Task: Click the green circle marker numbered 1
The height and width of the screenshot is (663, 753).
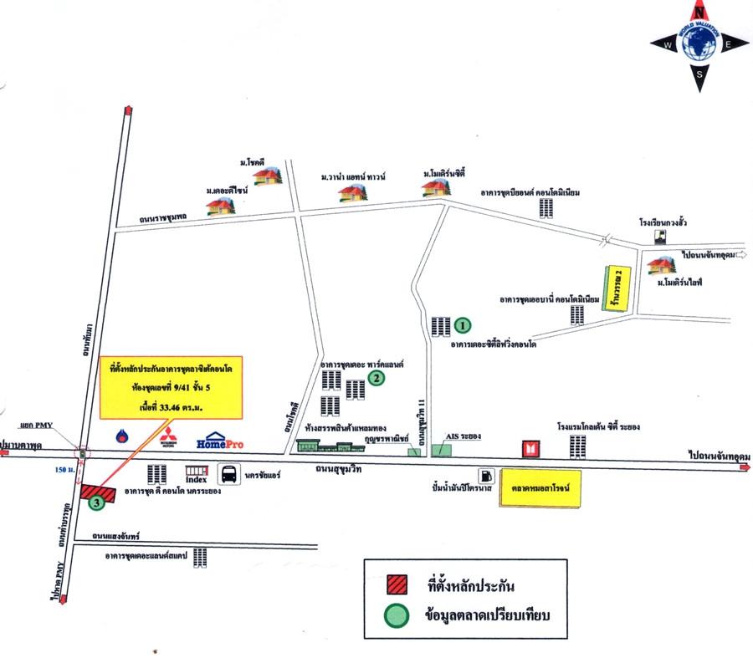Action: (462, 324)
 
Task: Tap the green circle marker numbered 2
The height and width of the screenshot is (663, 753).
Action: (377, 378)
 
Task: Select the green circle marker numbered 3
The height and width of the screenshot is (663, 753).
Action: (97, 502)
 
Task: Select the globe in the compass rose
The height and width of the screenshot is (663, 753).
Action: (699, 45)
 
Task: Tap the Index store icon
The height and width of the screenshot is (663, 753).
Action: (197, 474)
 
